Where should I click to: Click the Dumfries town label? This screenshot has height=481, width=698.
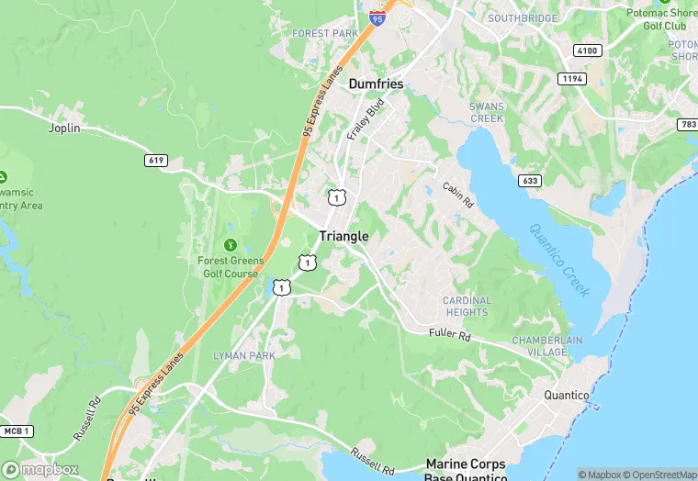(x=376, y=84)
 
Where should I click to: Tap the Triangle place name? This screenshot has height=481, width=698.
(x=343, y=236)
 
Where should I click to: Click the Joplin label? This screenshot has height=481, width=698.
(x=64, y=129)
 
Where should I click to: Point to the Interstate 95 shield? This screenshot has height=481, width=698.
(x=377, y=17)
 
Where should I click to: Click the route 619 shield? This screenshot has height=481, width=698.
(x=155, y=161)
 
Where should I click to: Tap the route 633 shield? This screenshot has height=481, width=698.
(x=529, y=181)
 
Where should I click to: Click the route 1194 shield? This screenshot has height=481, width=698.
(x=573, y=80)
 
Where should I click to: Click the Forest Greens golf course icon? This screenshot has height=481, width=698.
(x=230, y=245)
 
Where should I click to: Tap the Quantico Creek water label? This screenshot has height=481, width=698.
(x=559, y=259)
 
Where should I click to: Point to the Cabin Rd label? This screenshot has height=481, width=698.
(x=457, y=193)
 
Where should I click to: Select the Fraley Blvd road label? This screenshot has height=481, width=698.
(x=365, y=121)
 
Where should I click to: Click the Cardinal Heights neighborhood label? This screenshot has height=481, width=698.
(x=466, y=307)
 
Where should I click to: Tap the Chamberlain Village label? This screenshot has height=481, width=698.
(x=547, y=346)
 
